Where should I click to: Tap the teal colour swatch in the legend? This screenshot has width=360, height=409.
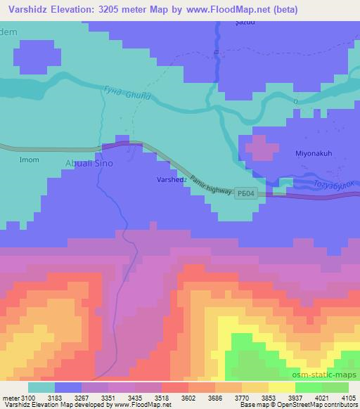41,387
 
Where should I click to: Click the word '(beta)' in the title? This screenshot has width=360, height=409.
280,10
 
